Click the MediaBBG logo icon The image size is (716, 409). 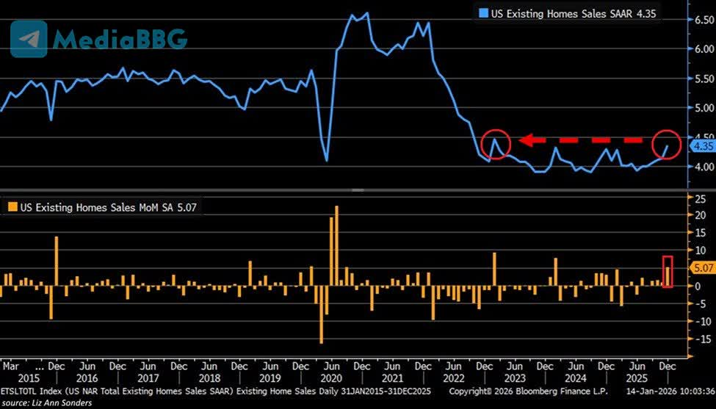29,38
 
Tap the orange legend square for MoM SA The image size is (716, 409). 10,208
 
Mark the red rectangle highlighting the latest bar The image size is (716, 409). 668,271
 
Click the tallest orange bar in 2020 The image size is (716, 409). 336,246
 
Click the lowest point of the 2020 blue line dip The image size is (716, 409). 326,160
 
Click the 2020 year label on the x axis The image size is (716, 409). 330,377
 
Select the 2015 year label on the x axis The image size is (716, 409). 10,377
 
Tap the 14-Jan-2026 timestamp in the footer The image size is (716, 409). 663,391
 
